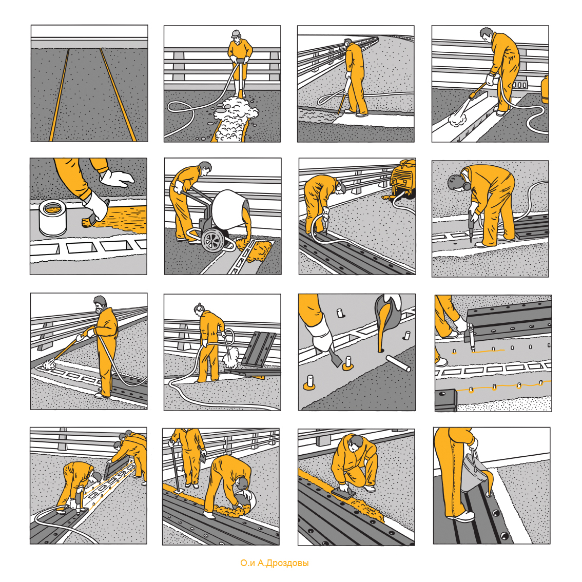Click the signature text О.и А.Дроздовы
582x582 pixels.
point(274,563)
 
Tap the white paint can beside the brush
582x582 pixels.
point(53,218)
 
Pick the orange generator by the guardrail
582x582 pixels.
point(403,178)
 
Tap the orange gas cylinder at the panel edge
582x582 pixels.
point(545,89)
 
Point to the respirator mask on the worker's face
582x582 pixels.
point(99,309)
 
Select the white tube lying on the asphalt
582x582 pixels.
point(398,363)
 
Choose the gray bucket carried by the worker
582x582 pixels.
point(473,473)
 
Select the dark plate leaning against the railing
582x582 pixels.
point(259,349)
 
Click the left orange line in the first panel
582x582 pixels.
point(60,94)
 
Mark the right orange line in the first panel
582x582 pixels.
point(118,94)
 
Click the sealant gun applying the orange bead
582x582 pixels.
point(470,336)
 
